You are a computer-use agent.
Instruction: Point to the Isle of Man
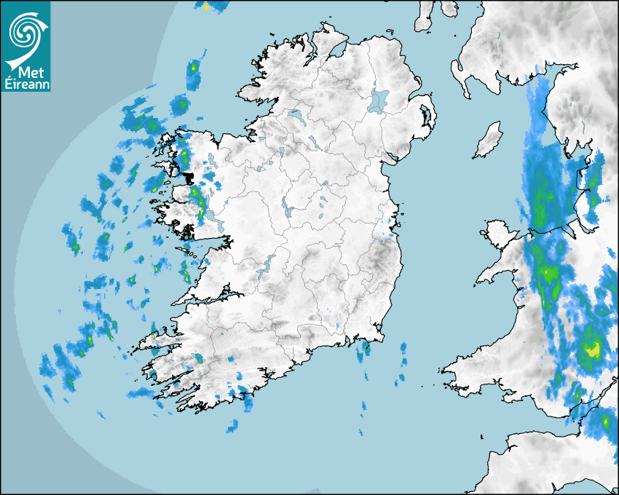click(489, 140)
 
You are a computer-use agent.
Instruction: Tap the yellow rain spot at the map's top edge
click(206, 6)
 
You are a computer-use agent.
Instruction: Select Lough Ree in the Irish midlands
click(287, 210)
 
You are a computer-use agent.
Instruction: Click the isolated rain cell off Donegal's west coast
click(194, 72)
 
